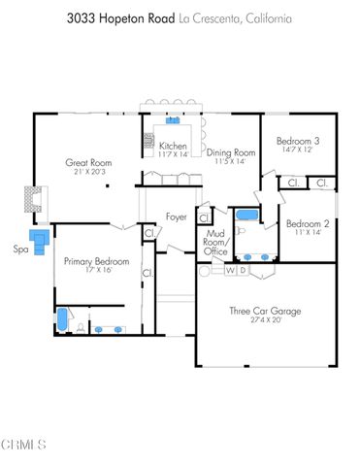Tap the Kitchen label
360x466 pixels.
tap(174, 146)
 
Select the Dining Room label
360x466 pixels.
tap(231, 152)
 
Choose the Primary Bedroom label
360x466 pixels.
tap(97, 262)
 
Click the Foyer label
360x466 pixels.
tap(177, 216)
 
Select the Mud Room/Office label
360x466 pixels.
tap(216, 243)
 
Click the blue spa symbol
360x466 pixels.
tap(40, 241)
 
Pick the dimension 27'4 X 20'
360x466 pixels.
tap(265, 319)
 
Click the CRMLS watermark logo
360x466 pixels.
tap(24, 445)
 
